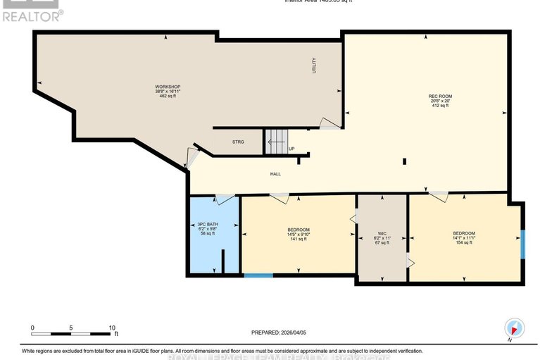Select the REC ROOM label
[x=439, y=96]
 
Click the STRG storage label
[x=239, y=142]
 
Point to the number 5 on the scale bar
[x=71, y=328]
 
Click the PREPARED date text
[x=280, y=333]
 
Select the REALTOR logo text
[x=32, y=13]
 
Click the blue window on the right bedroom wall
[x=522, y=244]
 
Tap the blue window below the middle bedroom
[x=258, y=275]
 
